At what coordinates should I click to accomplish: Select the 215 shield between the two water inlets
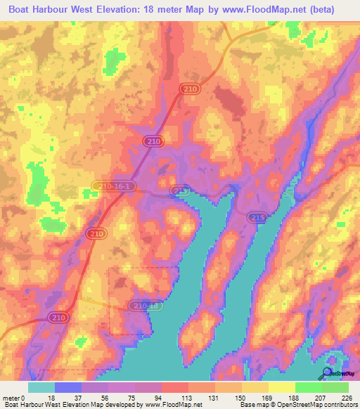(x=257, y=219)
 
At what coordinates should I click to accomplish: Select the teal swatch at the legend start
(x=41, y=387)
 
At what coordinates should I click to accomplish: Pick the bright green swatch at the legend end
(x=335, y=387)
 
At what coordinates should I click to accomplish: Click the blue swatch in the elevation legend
(x=68, y=387)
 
